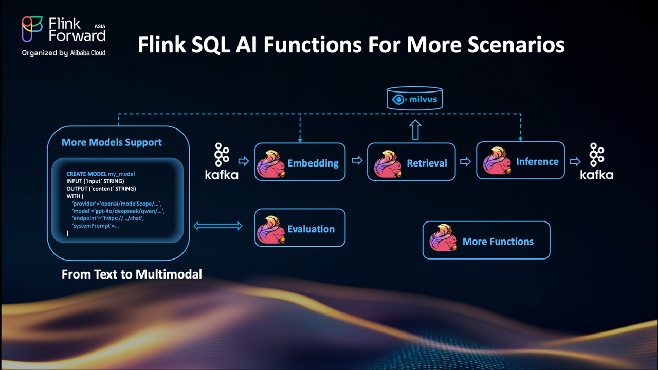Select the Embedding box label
(x=313, y=163)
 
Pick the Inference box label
(x=537, y=162)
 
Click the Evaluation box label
(x=310, y=229)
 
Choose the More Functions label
(x=498, y=242)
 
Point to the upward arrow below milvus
(x=415, y=130)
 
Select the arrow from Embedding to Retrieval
(x=356, y=161)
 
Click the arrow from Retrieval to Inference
(x=465, y=161)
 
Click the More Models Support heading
(x=112, y=142)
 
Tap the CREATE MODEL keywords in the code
(x=86, y=174)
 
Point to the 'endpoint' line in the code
(x=107, y=218)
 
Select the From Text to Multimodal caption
(x=132, y=274)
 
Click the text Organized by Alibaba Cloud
(x=64, y=53)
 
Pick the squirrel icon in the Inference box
(x=496, y=161)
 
